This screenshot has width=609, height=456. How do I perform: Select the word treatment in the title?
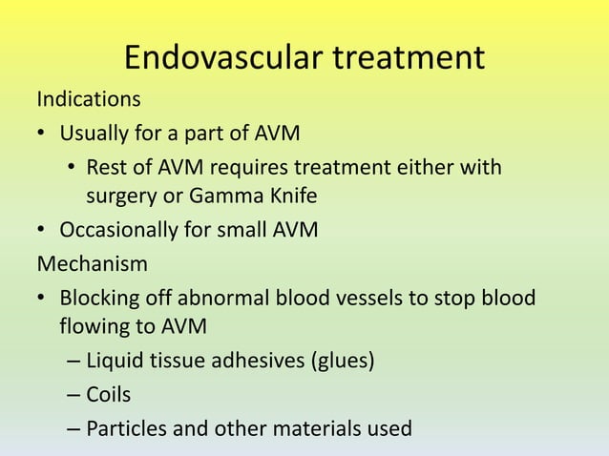click(x=408, y=58)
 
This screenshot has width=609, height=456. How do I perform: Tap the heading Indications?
click(x=88, y=98)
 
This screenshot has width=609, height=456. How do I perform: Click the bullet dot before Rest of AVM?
click(x=72, y=169)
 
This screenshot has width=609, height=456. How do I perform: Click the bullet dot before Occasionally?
click(x=43, y=231)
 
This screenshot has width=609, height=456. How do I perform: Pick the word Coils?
click(x=110, y=395)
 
